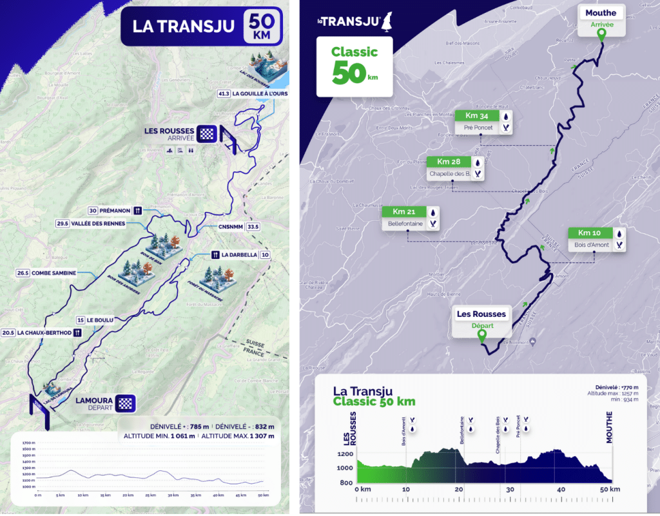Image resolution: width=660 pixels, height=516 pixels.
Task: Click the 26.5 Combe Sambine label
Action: click(x=46, y=273)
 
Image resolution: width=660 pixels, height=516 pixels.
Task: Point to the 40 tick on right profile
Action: click(x=561, y=490)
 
